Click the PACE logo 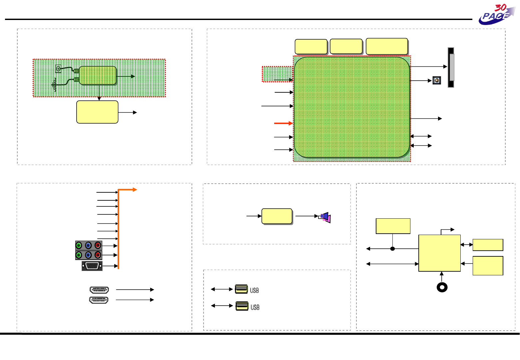click(x=497, y=15)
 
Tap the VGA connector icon click(x=92, y=266)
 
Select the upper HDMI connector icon click(x=99, y=290)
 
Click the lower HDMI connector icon click(x=99, y=300)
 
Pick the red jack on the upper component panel click(x=98, y=246)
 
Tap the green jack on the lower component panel click(x=79, y=255)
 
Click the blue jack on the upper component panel click(x=88, y=246)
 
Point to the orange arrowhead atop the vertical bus click(x=135, y=190)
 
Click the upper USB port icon click(x=242, y=289)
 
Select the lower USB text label click(x=255, y=307)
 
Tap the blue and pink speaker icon click(x=325, y=217)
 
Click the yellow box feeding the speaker click(x=277, y=216)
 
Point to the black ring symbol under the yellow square click(x=442, y=287)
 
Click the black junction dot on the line click(x=392, y=249)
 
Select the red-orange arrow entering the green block click(x=283, y=123)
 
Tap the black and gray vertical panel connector click(x=451, y=67)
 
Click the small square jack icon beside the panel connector click(x=437, y=80)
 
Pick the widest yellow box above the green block click(x=387, y=46)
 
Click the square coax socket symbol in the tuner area click(x=58, y=69)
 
